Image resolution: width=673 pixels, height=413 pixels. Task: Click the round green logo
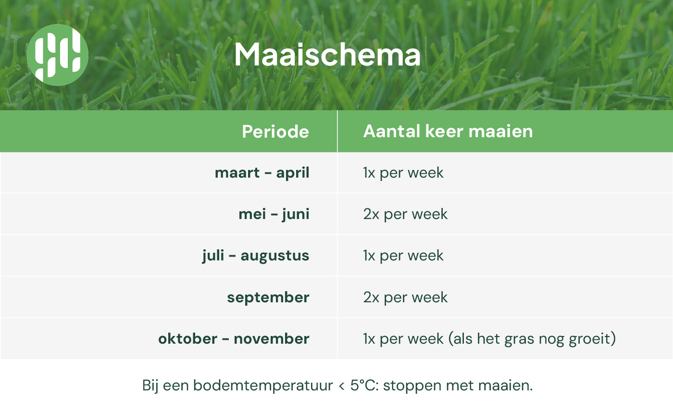[57, 55]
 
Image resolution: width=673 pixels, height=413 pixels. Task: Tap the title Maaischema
[327, 55]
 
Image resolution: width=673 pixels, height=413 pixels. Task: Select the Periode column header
[275, 131]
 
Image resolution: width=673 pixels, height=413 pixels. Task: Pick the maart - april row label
[262, 173]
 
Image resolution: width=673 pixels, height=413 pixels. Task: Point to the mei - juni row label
[274, 214]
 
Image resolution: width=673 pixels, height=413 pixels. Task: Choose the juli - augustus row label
[256, 256]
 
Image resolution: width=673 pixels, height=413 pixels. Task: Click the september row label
[268, 297]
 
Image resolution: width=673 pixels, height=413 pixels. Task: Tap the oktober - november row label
[234, 339]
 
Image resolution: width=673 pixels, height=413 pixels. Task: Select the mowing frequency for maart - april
[403, 173]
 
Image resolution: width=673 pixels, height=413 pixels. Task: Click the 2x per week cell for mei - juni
[405, 215]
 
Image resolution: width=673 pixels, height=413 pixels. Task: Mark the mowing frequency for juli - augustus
[403, 256]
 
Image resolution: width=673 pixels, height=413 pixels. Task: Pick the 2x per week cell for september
[405, 297]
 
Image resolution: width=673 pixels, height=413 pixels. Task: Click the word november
[272, 339]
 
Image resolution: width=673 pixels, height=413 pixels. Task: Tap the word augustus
[275, 256]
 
